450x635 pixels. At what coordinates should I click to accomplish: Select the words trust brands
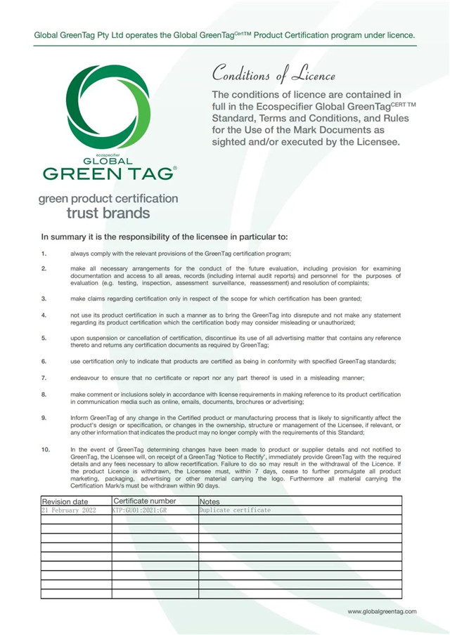pos(108,212)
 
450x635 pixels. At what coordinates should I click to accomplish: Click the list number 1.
pos(44,253)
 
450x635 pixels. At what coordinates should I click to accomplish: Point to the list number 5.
pos(44,338)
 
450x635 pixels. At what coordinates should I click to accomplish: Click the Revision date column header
pos(65,502)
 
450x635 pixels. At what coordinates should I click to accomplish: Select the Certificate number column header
pos(145,501)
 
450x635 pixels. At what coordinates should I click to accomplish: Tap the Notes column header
pos(210,502)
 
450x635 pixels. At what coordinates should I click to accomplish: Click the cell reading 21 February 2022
pos(69,510)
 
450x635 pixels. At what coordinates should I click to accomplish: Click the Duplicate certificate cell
pos(235,510)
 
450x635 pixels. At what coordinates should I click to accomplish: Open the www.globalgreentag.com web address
pos(382,612)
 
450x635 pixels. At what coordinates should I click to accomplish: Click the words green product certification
pos(109,199)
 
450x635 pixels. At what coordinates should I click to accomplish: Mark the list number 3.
pos(44,298)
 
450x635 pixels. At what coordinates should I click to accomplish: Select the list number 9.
pos(44,418)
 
